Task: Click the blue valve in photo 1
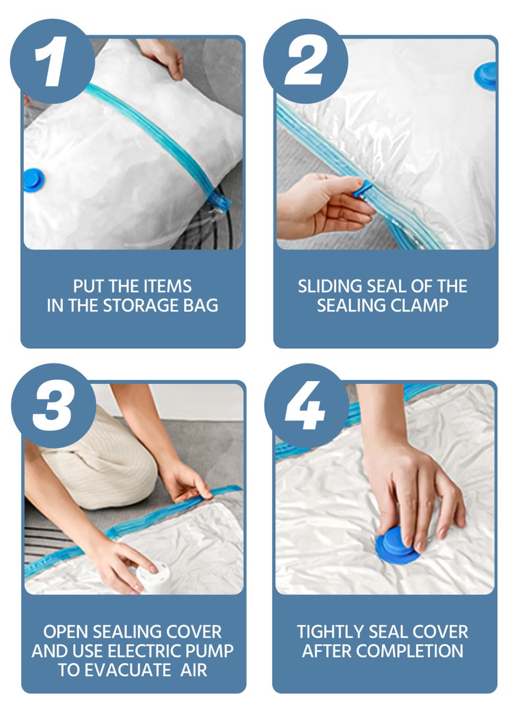(x=33, y=179)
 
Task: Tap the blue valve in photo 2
(x=487, y=75)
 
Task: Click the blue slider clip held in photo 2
(x=363, y=190)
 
